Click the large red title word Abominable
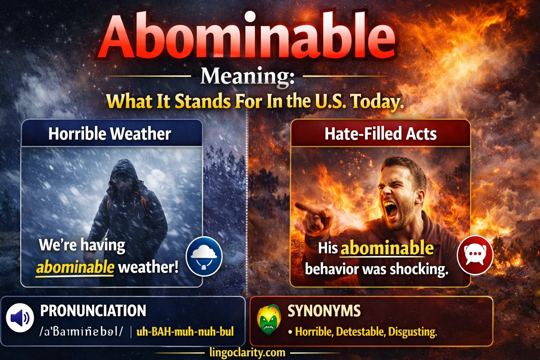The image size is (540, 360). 247,37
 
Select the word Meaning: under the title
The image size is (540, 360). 247,76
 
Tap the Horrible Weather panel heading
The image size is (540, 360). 110,134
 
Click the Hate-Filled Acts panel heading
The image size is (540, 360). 380,134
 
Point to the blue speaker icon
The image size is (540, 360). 20,318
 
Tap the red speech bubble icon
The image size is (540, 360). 475,255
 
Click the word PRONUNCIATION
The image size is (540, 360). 93,311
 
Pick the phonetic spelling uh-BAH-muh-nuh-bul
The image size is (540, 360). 185,332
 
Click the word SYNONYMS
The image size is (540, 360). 324,311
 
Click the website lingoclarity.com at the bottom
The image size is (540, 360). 247,352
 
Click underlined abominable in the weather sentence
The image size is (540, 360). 75,267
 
